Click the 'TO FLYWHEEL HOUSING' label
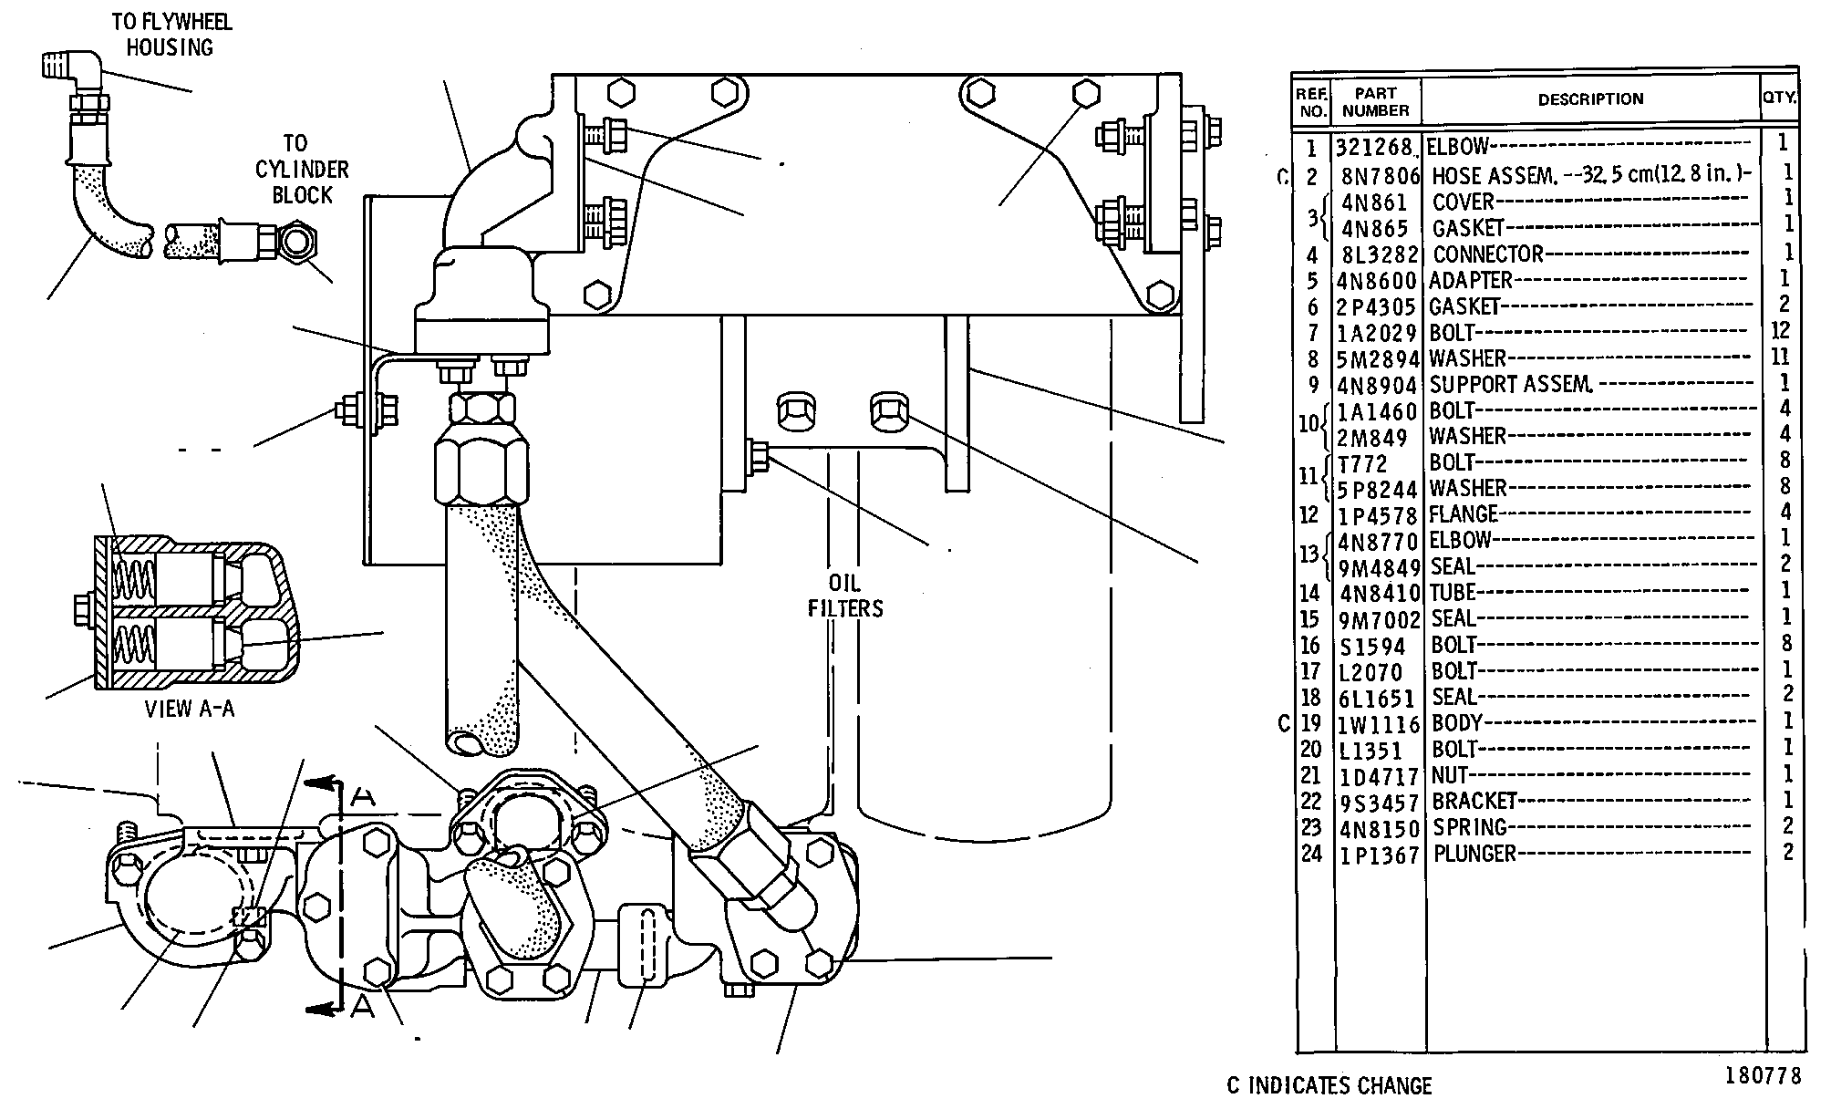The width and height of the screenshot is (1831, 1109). coord(171,35)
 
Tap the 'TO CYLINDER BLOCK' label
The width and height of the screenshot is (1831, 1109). coord(301,169)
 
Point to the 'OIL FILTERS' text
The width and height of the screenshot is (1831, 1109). coord(845,596)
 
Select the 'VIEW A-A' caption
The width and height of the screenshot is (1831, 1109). coord(190,709)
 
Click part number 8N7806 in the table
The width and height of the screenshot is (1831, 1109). coord(1381,175)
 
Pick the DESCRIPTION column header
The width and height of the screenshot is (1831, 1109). coord(1590,99)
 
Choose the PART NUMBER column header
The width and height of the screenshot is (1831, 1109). coord(1376,101)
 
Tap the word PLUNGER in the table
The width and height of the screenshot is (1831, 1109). coord(1474,855)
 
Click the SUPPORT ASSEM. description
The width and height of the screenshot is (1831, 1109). coord(1511,385)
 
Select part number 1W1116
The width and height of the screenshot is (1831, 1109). coord(1379,725)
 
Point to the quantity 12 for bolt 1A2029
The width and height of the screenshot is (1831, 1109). coord(1780,330)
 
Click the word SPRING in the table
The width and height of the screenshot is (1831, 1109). coord(1470,828)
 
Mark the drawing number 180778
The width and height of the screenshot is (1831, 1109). coord(1763,1076)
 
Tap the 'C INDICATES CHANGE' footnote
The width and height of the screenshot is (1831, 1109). coord(1329,1085)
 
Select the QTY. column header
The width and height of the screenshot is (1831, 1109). coord(1780,96)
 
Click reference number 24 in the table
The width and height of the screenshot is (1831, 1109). coord(1310,855)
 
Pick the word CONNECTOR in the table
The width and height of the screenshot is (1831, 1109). coord(1488,254)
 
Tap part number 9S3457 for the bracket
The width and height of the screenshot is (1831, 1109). coord(1380,803)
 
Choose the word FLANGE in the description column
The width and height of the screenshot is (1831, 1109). coord(1464,514)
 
